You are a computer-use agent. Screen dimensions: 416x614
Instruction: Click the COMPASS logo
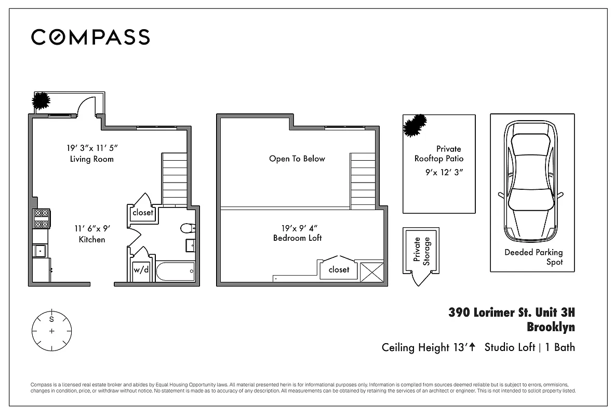tap(90, 37)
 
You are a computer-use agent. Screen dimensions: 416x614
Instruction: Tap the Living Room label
tap(91, 159)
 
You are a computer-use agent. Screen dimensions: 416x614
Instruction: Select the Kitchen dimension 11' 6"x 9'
tap(91, 228)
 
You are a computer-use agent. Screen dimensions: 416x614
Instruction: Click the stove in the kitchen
tap(41, 218)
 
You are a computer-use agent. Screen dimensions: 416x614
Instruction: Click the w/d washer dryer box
tap(141, 270)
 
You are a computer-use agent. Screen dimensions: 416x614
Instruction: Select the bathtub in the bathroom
tap(175, 270)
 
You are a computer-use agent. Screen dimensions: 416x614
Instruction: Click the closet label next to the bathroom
tap(143, 213)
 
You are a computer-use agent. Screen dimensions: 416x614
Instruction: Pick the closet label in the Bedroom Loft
tap(339, 269)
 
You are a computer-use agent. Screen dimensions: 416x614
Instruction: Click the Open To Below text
tap(297, 159)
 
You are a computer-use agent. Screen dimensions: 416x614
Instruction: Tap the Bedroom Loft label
tap(297, 238)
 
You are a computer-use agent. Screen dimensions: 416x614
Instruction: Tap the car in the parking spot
tap(530, 182)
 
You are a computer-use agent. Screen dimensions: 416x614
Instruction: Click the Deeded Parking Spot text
tap(533, 257)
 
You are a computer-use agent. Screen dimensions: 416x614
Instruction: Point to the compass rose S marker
tap(51, 319)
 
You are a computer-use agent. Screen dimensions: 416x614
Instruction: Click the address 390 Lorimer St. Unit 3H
tap(512, 313)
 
